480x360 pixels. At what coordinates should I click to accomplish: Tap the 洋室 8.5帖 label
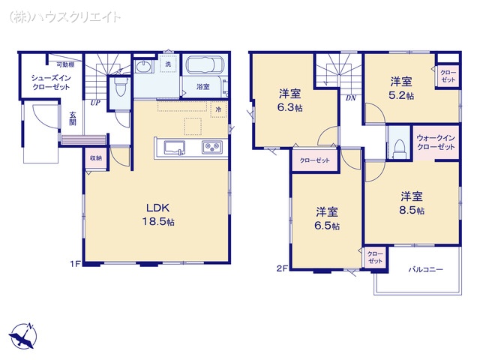point(411,203)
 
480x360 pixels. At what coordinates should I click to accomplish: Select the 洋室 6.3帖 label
point(289,101)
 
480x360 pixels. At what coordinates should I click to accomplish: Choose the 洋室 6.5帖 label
point(327,218)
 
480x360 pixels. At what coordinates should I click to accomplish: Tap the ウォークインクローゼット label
point(436,142)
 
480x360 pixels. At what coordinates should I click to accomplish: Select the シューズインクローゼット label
point(50,82)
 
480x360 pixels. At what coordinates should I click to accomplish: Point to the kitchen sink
point(171,145)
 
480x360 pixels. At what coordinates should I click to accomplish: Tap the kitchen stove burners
point(211,146)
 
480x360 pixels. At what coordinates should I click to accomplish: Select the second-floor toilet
point(398,145)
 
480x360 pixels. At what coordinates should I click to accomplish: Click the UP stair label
point(95,103)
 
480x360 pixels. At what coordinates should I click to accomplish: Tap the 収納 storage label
point(95,158)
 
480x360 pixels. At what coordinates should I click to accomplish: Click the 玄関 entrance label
point(73,119)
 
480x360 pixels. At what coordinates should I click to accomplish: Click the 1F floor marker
point(75,263)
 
